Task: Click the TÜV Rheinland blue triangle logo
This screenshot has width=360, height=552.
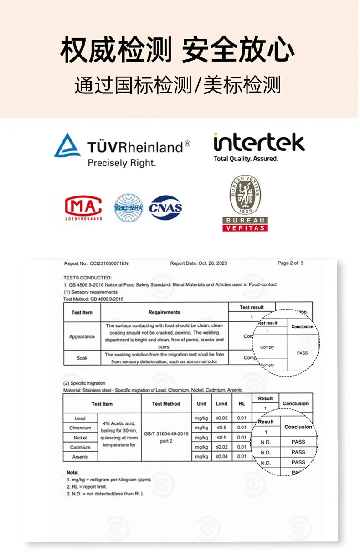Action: (x=67, y=146)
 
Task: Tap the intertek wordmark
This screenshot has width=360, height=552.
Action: (x=259, y=143)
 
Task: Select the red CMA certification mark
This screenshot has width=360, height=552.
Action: (x=83, y=207)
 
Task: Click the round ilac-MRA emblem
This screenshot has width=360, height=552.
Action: (x=129, y=208)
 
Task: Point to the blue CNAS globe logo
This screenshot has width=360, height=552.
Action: (x=166, y=208)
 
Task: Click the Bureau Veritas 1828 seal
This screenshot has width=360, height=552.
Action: (x=245, y=196)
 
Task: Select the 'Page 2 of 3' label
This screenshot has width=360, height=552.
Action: (x=290, y=263)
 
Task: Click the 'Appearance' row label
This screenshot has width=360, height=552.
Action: (x=82, y=337)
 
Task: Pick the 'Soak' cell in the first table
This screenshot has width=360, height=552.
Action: (x=82, y=358)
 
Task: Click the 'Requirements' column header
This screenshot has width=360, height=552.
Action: (x=164, y=312)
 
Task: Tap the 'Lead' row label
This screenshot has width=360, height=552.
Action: (x=80, y=418)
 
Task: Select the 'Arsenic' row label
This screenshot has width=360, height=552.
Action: (x=80, y=457)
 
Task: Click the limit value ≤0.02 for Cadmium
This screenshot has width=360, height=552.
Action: (x=222, y=447)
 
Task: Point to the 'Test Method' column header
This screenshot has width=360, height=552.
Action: (x=166, y=404)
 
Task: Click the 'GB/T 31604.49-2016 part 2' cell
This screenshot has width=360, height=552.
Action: (x=166, y=437)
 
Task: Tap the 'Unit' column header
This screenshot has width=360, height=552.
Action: (x=201, y=404)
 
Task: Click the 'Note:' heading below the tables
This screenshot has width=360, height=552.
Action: (x=72, y=472)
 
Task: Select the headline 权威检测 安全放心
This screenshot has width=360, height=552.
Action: (x=178, y=50)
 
